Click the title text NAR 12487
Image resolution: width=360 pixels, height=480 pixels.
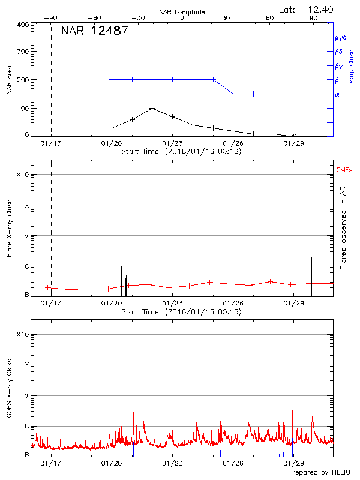click(x=94, y=32)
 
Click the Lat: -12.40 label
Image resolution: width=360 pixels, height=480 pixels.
click(x=307, y=9)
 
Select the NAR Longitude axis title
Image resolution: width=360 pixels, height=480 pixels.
click(x=182, y=12)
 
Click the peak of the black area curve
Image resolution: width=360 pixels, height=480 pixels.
click(x=152, y=108)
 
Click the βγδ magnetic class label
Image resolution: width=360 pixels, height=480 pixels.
click(x=340, y=37)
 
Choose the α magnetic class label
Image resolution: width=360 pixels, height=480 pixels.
click(x=337, y=94)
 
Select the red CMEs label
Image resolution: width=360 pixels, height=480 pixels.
click(x=344, y=171)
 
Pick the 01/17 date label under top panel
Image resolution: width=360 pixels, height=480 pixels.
click(x=50, y=144)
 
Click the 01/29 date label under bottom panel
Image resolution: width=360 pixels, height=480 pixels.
click(x=293, y=463)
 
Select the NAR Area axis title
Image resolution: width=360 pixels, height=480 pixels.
click(x=9, y=79)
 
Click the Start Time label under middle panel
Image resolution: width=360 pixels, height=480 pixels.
click(x=181, y=311)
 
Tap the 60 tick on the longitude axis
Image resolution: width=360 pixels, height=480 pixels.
click(x=270, y=19)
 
